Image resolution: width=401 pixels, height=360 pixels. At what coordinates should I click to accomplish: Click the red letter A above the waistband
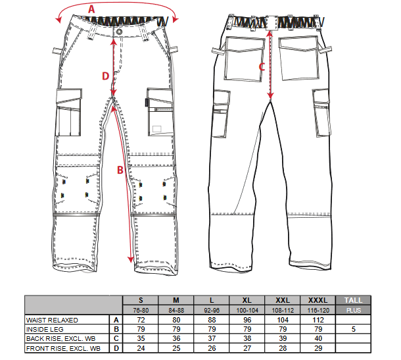click(x=91, y=9)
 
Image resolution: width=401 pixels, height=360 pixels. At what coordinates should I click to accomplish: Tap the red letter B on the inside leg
click(x=120, y=170)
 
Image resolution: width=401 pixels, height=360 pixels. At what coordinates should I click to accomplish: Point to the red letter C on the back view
click(x=262, y=67)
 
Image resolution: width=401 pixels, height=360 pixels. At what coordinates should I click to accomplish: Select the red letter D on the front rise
click(x=105, y=76)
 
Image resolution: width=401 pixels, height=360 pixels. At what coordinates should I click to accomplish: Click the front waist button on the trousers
click(x=119, y=32)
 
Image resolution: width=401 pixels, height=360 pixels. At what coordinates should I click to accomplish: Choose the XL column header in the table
click(x=247, y=300)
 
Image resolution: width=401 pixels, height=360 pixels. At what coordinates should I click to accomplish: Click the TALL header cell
click(x=353, y=300)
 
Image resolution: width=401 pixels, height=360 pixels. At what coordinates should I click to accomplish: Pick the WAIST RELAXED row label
click(x=52, y=320)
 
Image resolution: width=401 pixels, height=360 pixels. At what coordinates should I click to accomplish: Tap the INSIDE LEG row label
click(x=45, y=329)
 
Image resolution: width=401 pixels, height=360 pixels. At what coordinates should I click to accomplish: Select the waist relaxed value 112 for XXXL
click(x=318, y=320)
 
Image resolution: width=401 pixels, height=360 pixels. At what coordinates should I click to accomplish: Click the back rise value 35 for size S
click(x=141, y=338)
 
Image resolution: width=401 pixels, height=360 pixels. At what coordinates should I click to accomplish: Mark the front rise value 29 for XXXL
click(x=318, y=348)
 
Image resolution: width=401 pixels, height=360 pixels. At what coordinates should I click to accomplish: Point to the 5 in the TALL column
click(x=354, y=329)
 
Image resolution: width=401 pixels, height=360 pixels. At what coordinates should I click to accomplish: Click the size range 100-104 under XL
click(x=247, y=311)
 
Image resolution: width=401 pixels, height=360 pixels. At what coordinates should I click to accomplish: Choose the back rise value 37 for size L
click(x=212, y=338)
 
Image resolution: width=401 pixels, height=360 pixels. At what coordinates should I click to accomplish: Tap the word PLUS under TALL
click(x=354, y=311)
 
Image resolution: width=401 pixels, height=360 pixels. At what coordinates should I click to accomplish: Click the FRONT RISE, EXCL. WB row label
click(x=63, y=348)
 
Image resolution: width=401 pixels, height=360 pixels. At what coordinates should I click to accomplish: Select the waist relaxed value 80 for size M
click(x=176, y=320)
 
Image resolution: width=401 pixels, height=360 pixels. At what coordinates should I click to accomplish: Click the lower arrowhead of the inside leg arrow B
click(x=131, y=259)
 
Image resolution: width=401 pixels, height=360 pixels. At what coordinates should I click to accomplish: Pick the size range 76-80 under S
click(x=141, y=311)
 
